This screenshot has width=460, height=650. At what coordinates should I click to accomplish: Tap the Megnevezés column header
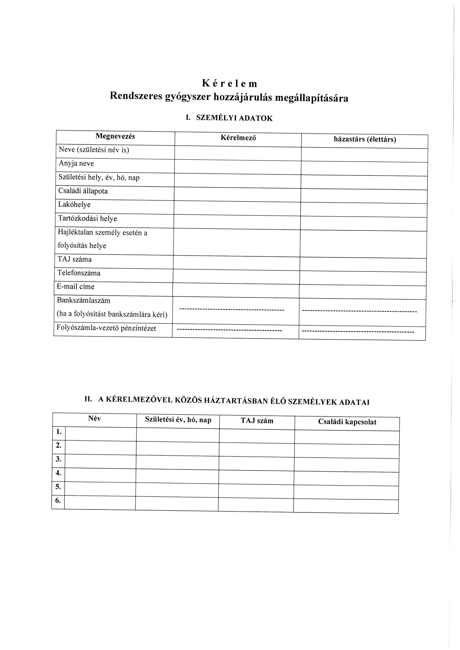point(115,136)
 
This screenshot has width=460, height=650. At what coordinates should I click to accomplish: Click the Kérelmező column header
point(238,138)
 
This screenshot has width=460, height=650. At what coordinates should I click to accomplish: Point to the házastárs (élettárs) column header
point(365,139)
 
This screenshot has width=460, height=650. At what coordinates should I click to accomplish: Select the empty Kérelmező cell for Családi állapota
point(237,194)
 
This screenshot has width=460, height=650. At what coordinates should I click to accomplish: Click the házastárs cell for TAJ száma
point(363,265)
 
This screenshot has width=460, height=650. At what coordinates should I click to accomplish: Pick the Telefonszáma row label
point(79,273)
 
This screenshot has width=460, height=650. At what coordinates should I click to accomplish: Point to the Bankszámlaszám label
point(83,300)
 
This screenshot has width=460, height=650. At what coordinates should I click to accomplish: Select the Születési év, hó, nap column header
point(178,420)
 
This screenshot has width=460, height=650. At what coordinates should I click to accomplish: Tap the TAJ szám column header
point(257,421)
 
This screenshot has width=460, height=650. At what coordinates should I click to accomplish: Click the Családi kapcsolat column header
point(347,422)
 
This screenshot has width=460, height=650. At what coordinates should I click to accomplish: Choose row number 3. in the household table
point(59,459)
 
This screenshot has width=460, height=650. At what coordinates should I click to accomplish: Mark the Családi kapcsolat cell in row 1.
point(347,437)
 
